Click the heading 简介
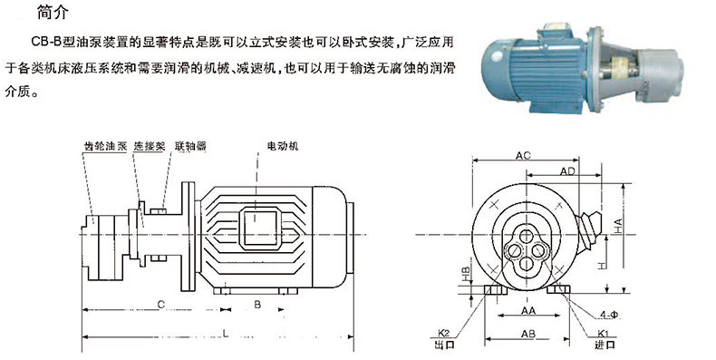click(53, 12)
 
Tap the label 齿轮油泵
click(105, 146)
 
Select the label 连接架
click(149, 146)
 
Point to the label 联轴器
click(190, 146)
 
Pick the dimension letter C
click(160, 305)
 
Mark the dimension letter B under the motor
click(257, 305)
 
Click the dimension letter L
click(226, 333)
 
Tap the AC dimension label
click(523, 156)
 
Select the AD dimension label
click(567, 171)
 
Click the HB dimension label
click(465, 274)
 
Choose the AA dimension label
click(528, 311)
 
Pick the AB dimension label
click(528, 335)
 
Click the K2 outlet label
click(443, 333)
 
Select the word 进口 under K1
click(605, 345)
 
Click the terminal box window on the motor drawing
click(260, 228)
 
